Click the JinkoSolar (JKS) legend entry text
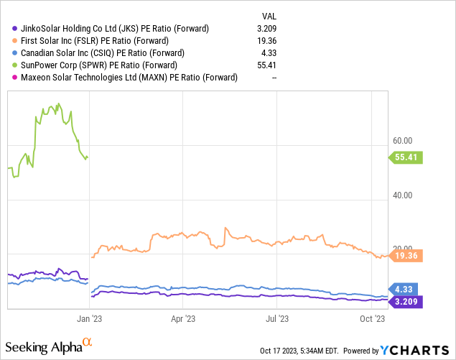pos(111,29)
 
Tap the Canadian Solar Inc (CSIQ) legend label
pos(103,53)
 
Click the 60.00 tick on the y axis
pos(404,141)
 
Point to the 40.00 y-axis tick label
pos(404,195)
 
